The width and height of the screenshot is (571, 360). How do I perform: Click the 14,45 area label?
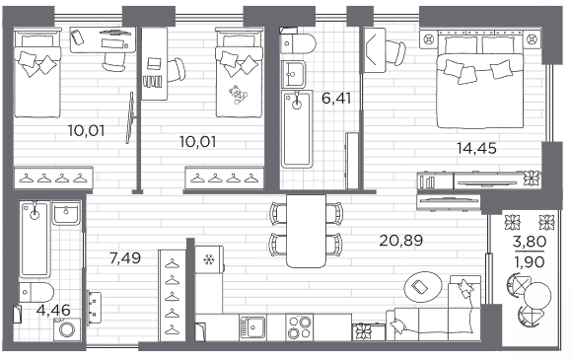pyautogui.click(x=476, y=148)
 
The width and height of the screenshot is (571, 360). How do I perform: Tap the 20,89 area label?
pyautogui.click(x=401, y=241)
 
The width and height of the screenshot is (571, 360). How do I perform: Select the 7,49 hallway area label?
pyautogui.click(x=125, y=258)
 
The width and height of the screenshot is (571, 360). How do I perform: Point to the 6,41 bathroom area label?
pyautogui.click(x=336, y=98)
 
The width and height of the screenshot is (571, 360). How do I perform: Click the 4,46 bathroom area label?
pyautogui.click(x=53, y=310)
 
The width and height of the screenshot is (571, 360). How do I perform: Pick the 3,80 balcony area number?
pyautogui.click(x=530, y=242)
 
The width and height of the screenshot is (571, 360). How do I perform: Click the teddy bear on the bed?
pyautogui.click(x=238, y=95)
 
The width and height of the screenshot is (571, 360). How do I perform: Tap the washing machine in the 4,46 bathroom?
pyautogui.click(x=67, y=329)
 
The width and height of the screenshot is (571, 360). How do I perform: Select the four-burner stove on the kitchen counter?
pyautogui.click(x=300, y=327)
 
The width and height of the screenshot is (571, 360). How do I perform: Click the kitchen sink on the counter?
pyautogui.click(x=252, y=327)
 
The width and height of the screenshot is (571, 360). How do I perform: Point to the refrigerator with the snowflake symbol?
pyautogui.click(x=209, y=259)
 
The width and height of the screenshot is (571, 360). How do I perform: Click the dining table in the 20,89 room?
pyautogui.click(x=306, y=231)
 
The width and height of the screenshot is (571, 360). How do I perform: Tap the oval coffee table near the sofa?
pyautogui.click(x=423, y=287)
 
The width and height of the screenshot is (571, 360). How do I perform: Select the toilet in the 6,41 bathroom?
pyautogui.click(x=298, y=43)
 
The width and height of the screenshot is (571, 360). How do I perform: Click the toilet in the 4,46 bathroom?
pyautogui.click(x=36, y=292)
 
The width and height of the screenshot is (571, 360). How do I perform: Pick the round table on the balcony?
pyautogui.click(x=537, y=296)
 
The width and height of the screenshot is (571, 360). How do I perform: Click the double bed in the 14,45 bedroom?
pyautogui.click(x=480, y=80)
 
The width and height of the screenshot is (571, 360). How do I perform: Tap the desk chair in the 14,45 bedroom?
pyautogui.click(x=395, y=51)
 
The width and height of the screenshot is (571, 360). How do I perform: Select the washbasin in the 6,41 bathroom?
pyautogui.click(x=293, y=74)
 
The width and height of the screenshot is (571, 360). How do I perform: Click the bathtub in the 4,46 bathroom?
pyautogui.click(x=36, y=239)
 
